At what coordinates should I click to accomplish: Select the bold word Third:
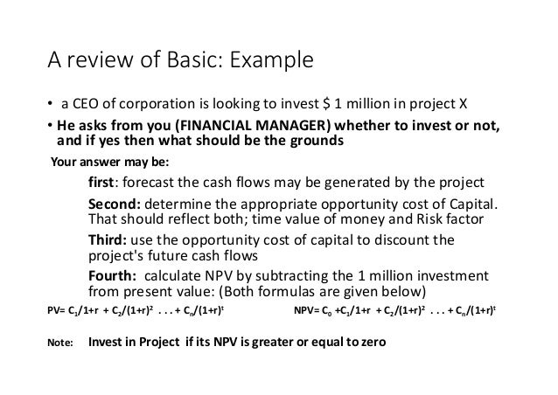pos(109,242)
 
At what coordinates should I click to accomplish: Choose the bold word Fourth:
pos(114,277)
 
